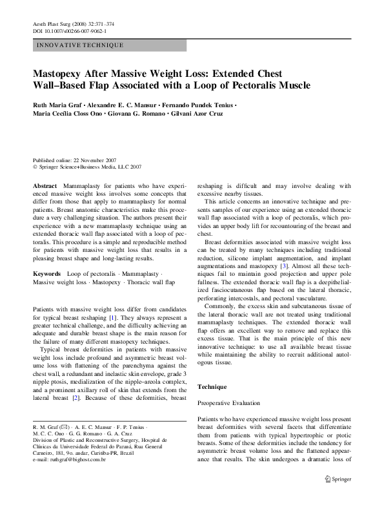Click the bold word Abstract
(x=46, y=184)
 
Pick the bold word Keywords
(x=48, y=274)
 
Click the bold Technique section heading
(x=212, y=386)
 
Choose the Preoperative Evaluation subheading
(x=228, y=403)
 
